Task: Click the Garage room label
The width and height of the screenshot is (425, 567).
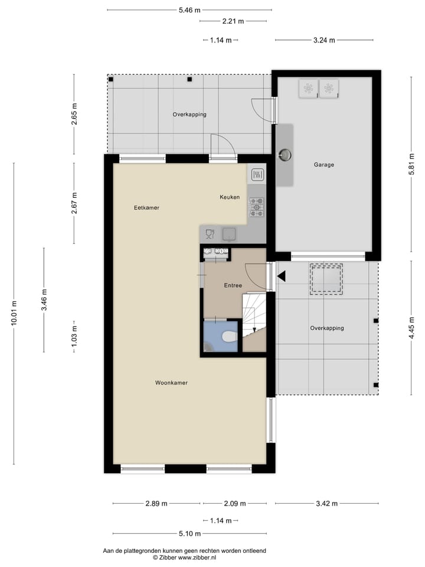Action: coord(323,165)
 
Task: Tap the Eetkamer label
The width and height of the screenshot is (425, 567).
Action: coord(146,208)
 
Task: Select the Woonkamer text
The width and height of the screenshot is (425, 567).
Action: coord(171,383)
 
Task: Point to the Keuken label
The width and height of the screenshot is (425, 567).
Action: coord(230,197)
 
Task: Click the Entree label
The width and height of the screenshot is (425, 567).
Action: coord(233,286)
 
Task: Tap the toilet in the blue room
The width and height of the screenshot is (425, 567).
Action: coord(228,336)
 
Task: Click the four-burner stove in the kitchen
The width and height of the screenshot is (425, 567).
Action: coord(257,207)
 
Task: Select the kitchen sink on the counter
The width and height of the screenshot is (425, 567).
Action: coord(229,234)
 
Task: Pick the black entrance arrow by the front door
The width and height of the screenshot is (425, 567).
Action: coord(282,276)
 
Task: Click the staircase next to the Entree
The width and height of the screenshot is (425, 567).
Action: coord(254,322)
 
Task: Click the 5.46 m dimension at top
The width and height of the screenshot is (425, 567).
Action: coord(189,10)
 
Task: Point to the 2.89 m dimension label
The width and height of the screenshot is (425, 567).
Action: coord(156,504)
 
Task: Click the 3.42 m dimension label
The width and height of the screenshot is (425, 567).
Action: coord(326,504)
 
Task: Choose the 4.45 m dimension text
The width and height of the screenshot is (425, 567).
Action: coord(411,327)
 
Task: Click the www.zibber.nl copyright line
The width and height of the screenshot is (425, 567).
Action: coord(184,557)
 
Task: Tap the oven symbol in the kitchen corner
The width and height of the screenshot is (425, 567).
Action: coord(257,175)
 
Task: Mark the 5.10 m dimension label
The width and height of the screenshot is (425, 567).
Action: coord(189,534)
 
